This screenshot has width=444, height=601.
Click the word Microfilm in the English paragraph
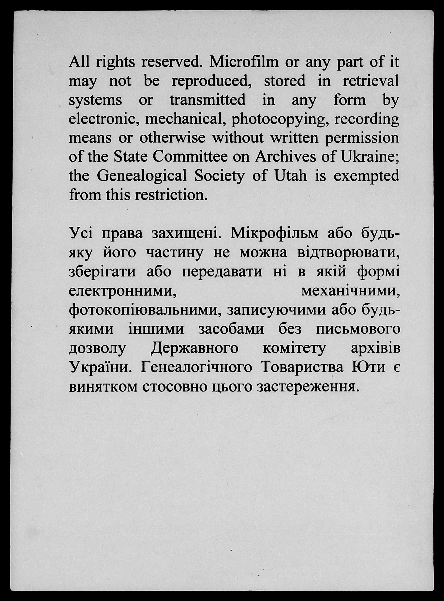pos(244,62)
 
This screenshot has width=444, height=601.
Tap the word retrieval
pos(371,81)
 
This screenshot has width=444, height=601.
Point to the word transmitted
pos(207,100)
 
